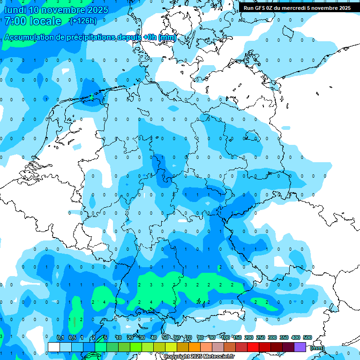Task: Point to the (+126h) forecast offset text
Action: (83, 21)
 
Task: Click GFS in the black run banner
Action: (260, 8)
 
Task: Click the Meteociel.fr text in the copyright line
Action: (219, 357)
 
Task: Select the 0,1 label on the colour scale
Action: (60, 337)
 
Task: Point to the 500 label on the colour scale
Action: (307, 337)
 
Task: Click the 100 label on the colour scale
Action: (225, 337)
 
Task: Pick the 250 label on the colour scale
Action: (261, 337)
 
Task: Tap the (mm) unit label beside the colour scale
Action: (317, 348)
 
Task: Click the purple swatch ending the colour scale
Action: (300, 347)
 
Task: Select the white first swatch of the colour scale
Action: (54, 347)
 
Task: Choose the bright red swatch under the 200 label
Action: (253, 347)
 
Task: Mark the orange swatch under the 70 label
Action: (195, 347)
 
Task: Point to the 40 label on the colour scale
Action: (154, 337)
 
